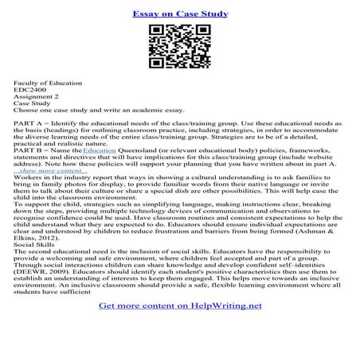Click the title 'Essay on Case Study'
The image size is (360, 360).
(x=180, y=14)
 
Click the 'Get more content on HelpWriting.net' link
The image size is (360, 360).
(x=180, y=327)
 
